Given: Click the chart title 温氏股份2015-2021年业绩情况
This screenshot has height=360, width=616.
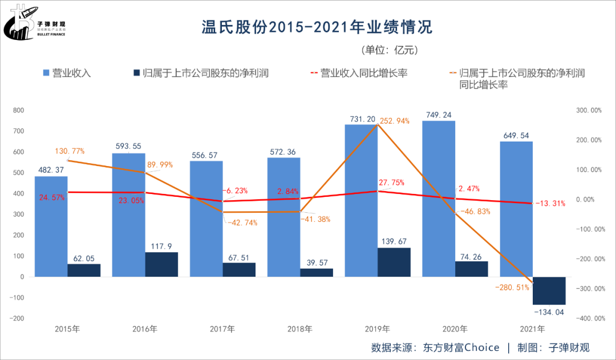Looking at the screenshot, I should click(x=317, y=26).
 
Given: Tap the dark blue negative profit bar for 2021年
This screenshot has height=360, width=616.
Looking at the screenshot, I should click(x=549, y=290).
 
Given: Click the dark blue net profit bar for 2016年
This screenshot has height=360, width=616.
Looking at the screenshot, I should click(x=161, y=265).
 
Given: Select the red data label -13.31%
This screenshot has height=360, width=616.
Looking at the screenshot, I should click(x=550, y=204).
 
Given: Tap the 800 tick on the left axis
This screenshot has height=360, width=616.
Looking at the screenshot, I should click(x=18, y=110).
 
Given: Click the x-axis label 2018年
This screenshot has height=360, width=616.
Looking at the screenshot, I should click(x=299, y=329).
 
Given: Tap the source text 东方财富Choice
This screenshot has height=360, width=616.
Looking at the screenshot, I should click(x=461, y=347).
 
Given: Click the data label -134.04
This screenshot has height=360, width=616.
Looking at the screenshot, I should click(x=549, y=312).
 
